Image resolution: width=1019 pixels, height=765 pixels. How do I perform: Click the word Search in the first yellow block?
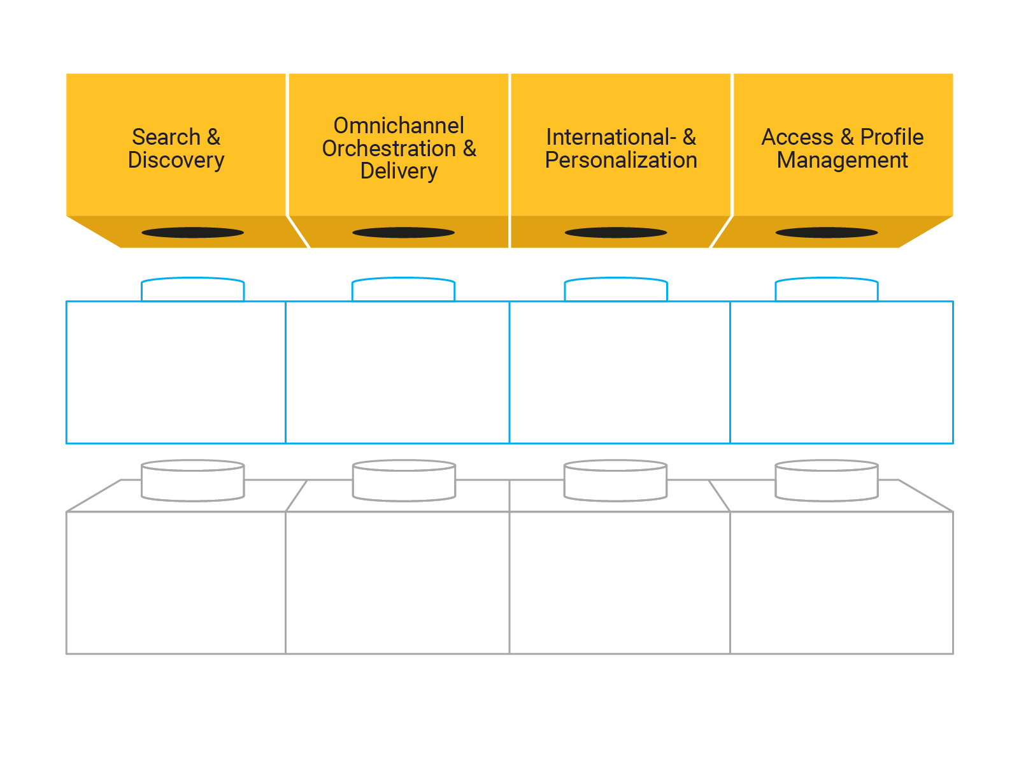(x=166, y=137)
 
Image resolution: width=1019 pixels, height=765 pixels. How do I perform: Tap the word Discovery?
(x=176, y=160)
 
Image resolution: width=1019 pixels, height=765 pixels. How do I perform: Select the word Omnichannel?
(x=399, y=126)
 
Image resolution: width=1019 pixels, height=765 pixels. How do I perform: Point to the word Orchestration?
(x=389, y=149)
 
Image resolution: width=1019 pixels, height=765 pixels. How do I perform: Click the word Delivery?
(x=399, y=171)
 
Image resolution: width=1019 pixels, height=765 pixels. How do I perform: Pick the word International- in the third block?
(x=611, y=137)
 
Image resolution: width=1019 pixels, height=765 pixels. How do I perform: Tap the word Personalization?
(x=621, y=160)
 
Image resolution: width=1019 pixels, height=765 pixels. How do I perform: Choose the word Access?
(x=797, y=137)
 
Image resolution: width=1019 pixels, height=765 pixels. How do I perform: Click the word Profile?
(x=892, y=137)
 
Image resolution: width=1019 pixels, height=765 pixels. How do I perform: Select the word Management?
(x=842, y=160)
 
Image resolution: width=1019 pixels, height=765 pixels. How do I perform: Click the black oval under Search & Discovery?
(x=192, y=233)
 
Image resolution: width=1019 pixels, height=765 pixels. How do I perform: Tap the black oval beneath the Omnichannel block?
(x=403, y=233)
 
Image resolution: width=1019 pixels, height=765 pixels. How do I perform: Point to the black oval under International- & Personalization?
(x=616, y=233)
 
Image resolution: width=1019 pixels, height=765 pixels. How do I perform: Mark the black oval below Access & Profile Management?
(x=827, y=233)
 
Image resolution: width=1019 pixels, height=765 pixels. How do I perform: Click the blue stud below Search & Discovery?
(x=192, y=289)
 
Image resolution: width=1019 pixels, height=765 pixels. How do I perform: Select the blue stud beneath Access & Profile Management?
(x=827, y=289)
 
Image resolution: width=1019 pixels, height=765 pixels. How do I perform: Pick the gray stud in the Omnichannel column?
(x=404, y=481)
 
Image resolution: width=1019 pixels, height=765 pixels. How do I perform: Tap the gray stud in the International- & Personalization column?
(x=616, y=481)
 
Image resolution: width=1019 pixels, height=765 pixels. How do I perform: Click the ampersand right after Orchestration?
(x=469, y=149)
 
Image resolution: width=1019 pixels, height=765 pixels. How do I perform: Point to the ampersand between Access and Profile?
(x=847, y=137)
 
